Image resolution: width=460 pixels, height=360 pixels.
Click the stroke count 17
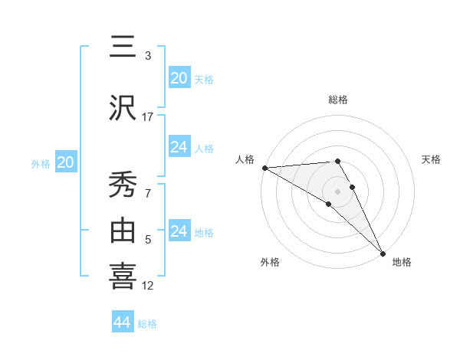click(x=148, y=116)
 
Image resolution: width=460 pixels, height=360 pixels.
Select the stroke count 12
click(x=148, y=286)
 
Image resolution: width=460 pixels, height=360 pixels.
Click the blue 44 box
click(x=123, y=322)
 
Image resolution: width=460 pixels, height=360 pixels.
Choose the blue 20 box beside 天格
click(x=179, y=78)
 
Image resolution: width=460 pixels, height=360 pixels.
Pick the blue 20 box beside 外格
click(x=66, y=162)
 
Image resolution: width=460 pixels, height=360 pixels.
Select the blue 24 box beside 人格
click(x=179, y=147)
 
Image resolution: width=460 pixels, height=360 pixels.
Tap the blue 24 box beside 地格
click(x=179, y=231)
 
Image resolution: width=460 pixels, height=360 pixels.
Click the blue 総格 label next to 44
click(x=147, y=324)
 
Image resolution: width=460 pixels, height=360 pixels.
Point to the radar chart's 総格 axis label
click(x=338, y=100)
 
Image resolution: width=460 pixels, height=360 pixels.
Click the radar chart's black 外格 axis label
click(x=270, y=262)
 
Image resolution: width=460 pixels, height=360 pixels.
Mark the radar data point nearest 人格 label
click(x=264, y=168)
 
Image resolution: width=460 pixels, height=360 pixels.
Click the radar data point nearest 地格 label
click(x=383, y=254)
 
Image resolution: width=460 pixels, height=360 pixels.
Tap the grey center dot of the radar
click(x=338, y=190)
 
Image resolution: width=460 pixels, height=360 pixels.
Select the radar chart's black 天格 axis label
click(x=432, y=159)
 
